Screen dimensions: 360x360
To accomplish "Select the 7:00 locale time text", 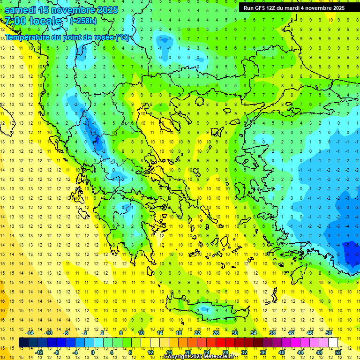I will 33,21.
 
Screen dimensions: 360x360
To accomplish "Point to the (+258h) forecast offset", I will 83,21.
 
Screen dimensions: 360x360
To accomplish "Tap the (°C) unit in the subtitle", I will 122,37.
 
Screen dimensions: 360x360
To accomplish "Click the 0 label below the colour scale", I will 92,352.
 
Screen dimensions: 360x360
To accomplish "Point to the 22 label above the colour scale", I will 197,333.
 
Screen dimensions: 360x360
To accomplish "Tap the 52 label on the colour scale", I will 338,352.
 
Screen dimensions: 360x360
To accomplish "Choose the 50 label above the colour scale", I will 329,333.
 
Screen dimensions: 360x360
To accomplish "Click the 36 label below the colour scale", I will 263,352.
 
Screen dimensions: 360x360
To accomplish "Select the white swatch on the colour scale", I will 333,343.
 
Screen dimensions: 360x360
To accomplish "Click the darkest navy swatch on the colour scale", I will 24,343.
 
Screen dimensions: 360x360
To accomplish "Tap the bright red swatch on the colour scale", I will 221,343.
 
